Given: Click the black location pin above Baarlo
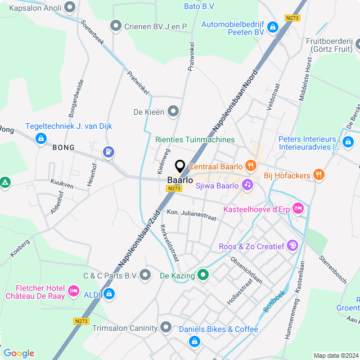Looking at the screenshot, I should pyautogui.click(x=180, y=166).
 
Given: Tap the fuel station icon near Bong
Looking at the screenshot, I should pyautogui.click(x=109, y=152).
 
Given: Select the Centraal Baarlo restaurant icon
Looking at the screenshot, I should pyautogui.click(x=250, y=166).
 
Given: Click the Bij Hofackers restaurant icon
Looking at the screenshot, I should pyautogui.click(x=319, y=175).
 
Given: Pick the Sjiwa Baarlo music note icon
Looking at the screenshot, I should pyautogui.click(x=247, y=184).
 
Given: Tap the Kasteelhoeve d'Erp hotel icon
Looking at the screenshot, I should pyautogui.click(x=298, y=209).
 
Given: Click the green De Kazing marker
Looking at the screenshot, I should pyautogui.click(x=203, y=275).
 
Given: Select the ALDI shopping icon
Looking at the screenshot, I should pyautogui.click(x=109, y=294).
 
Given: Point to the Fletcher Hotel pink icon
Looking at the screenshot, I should pyautogui.click(x=73, y=291).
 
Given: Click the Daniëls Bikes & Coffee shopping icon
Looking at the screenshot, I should pyautogui.click(x=194, y=341).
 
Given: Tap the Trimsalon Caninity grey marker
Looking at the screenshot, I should pyautogui.click(x=166, y=327).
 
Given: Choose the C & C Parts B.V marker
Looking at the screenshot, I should pyautogui.click(x=146, y=275).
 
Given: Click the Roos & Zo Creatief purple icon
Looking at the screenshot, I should pyautogui.click(x=292, y=246).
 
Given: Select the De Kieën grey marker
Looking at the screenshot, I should pyautogui.click(x=173, y=111).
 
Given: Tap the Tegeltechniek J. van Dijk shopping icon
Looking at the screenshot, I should pyautogui.click(x=40, y=138).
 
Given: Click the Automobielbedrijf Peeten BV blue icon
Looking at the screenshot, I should pyautogui.click(x=272, y=27).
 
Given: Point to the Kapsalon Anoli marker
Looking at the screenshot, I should pyautogui.click(x=70, y=8).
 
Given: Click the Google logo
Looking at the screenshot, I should pyautogui.click(x=19, y=353).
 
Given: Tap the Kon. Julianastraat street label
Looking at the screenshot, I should pyautogui.click(x=191, y=215).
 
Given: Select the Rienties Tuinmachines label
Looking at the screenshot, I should pyautogui.click(x=195, y=139).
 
